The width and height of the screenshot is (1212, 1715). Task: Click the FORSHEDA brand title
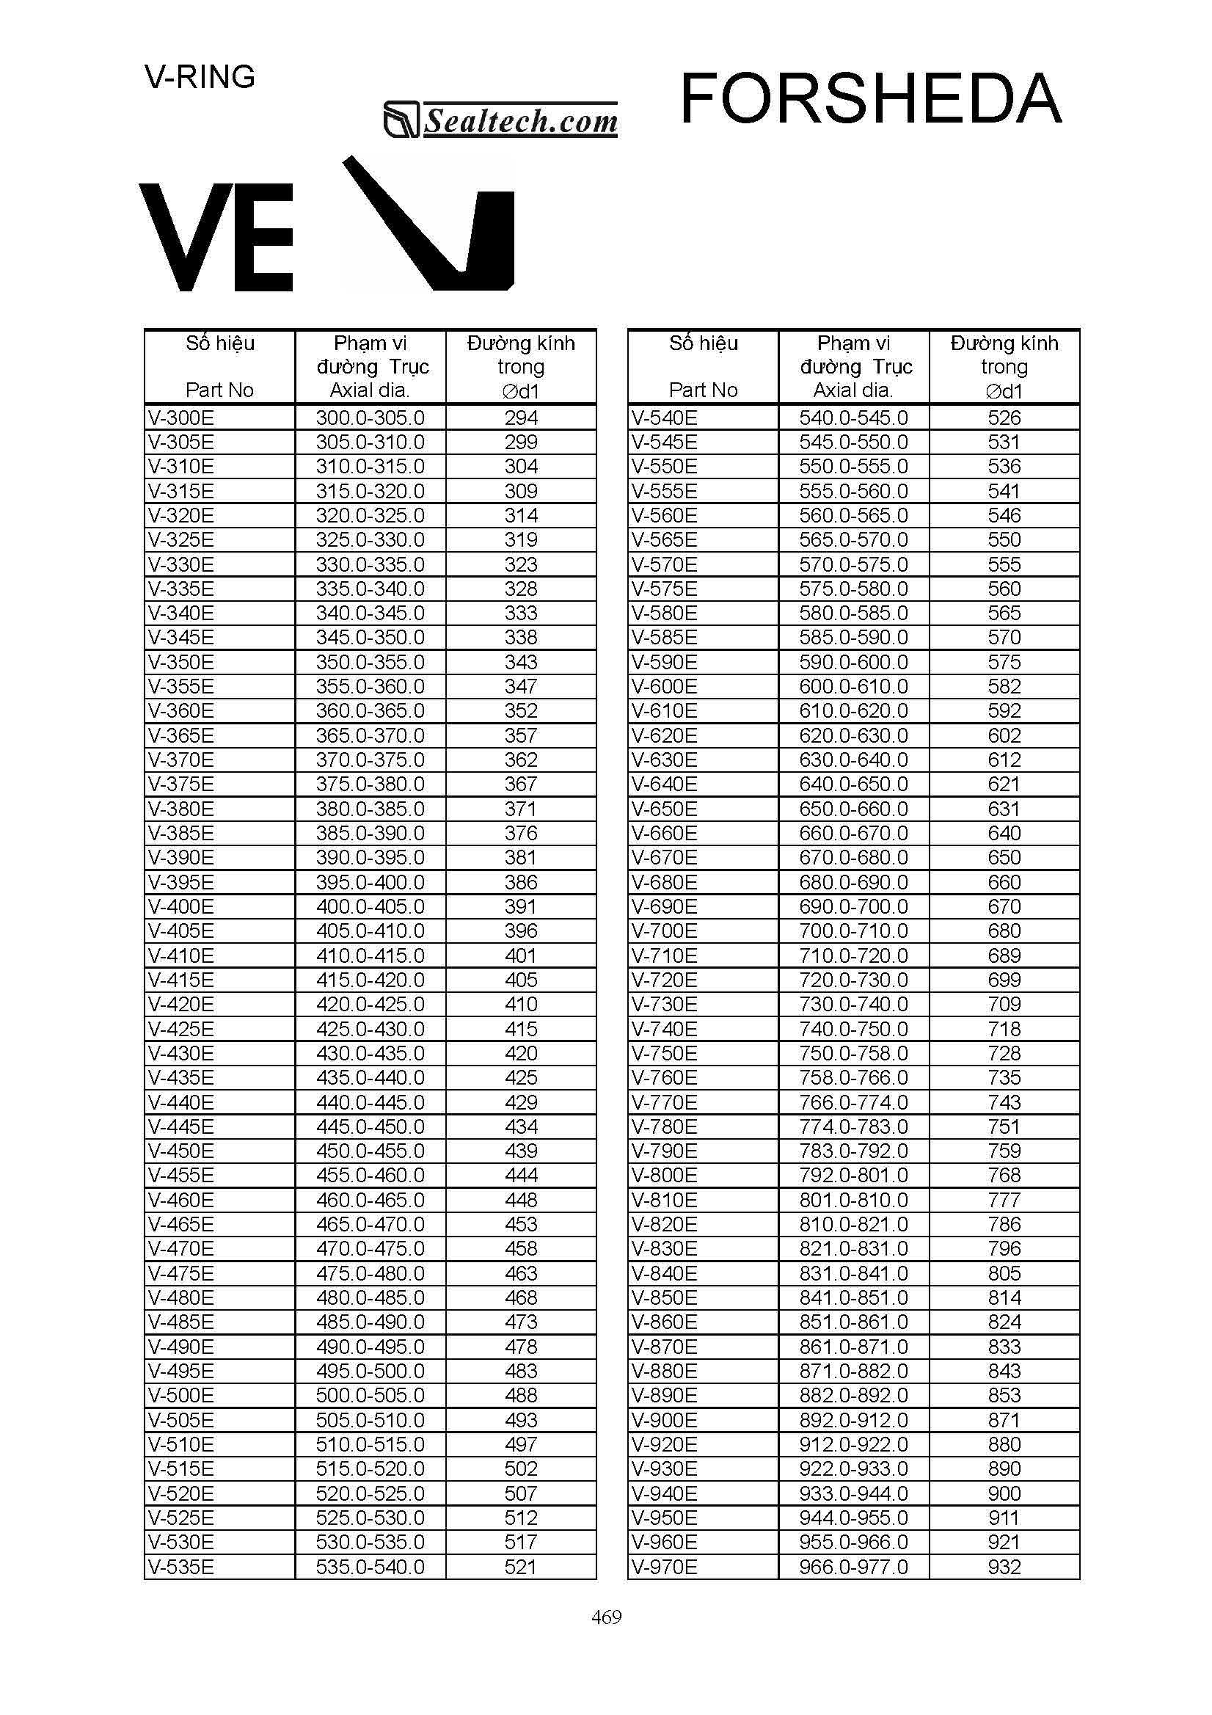click(x=870, y=99)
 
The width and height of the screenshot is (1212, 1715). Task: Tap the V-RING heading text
click(x=200, y=77)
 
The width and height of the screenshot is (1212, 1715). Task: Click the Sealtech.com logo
click(x=500, y=120)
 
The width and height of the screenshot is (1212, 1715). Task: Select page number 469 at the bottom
click(x=607, y=1617)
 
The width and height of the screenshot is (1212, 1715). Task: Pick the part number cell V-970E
click(x=665, y=1567)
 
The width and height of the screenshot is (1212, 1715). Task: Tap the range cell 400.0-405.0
click(x=370, y=906)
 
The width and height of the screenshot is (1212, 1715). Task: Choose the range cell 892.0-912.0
click(x=853, y=1420)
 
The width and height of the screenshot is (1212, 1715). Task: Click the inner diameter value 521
click(x=520, y=1567)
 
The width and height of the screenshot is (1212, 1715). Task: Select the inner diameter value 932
click(x=1004, y=1567)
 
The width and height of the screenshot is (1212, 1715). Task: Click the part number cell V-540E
click(x=665, y=418)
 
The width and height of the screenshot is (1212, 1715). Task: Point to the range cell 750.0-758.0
click(x=853, y=1053)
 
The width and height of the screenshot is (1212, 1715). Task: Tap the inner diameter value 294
click(x=520, y=418)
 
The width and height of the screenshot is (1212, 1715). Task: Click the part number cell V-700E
click(x=665, y=931)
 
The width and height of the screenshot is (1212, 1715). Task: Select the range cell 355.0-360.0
click(x=370, y=686)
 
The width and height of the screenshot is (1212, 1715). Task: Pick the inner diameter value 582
click(x=1004, y=686)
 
